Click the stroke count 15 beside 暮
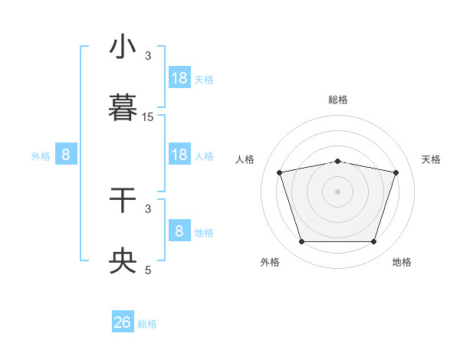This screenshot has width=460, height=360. (x=148, y=117)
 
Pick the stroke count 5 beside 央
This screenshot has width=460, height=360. (x=148, y=270)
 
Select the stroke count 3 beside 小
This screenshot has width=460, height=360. (x=148, y=56)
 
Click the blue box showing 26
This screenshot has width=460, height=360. (x=123, y=322)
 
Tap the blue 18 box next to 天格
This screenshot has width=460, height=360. (x=179, y=78)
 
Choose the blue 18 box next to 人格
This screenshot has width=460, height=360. (x=179, y=155)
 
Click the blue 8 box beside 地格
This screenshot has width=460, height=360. (x=179, y=231)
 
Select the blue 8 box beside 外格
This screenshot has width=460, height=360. (x=66, y=155)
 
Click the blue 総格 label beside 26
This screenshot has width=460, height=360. (x=147, y=324)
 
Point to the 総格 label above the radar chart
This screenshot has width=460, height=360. (x=338, y=100)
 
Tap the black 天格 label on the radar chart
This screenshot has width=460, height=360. (x=432, y=159)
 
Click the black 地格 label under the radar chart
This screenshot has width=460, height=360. (x=402, y=262)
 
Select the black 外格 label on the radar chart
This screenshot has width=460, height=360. (x=270, y=262)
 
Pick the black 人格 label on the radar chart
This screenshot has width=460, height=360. (x=245, y=159)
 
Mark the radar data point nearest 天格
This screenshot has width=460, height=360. (x=396, y=173)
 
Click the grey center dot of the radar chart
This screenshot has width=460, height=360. (x=338, y=191)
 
